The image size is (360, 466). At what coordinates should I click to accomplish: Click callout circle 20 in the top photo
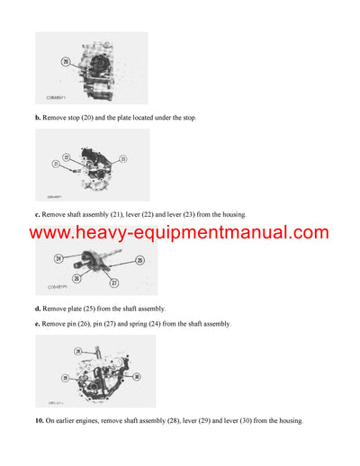(x=66, y=61)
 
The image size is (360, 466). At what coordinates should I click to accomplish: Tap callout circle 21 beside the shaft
(x=55, y=164)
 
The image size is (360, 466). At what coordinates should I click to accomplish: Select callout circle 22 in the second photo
(x=65, y=157)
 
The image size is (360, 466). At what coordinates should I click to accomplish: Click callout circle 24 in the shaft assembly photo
(x=58, y=259)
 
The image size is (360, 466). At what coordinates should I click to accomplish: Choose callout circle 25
(x=139, y=260)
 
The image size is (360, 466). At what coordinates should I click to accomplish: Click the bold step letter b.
(x=37, y=118)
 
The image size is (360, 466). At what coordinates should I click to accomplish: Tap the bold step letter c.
(x=37, y=214)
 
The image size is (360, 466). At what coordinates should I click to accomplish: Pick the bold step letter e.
(x=37, y=323)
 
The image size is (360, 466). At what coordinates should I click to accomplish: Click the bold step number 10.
(x=39, y=420)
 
